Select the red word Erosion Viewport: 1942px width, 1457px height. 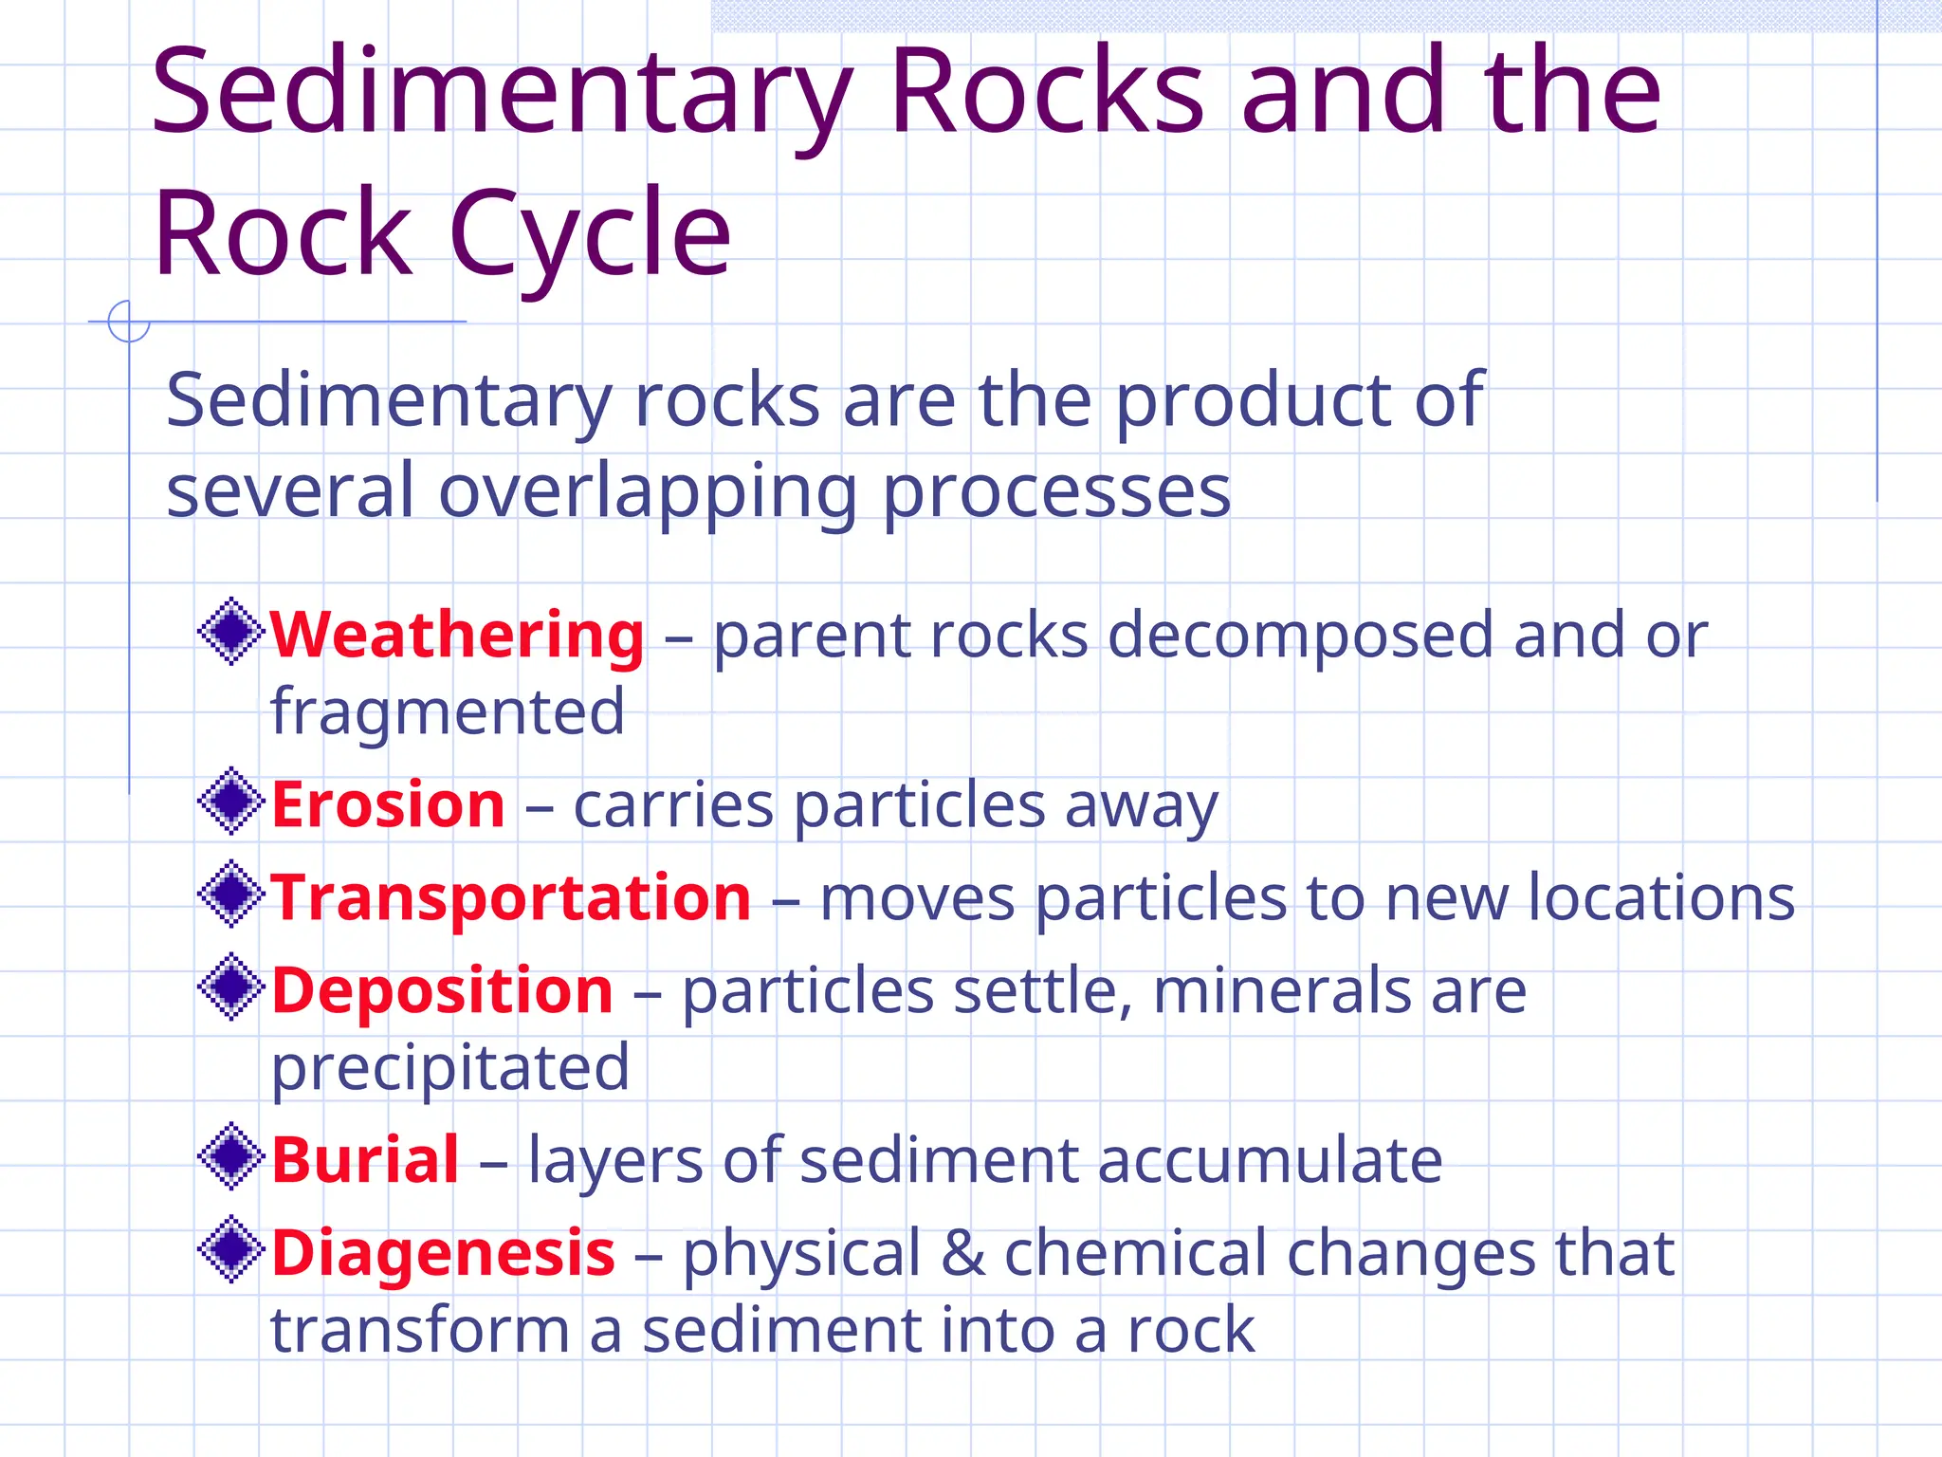click(x=388, y=804)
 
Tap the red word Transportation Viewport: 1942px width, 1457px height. click(x=511, y=897)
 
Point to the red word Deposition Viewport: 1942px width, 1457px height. click(x=442, y=990)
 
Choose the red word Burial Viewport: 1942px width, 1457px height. click(x=365, y=1159)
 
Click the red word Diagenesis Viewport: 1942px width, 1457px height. click(x=443, y=1252)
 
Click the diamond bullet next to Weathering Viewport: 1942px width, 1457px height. click(x=230, y=631)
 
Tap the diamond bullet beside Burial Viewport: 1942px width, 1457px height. click(x=230, y=1155)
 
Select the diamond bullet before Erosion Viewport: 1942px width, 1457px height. click(x=230, y=801)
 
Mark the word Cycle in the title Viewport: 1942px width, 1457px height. click(x=589, y=233)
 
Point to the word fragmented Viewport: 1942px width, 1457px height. click(x=448, y=711)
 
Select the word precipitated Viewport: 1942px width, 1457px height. click(x=450, y=1068)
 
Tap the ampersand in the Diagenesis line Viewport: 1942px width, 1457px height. click(x=962, y=1252)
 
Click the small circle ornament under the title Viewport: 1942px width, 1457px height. click(x=129, y=322)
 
